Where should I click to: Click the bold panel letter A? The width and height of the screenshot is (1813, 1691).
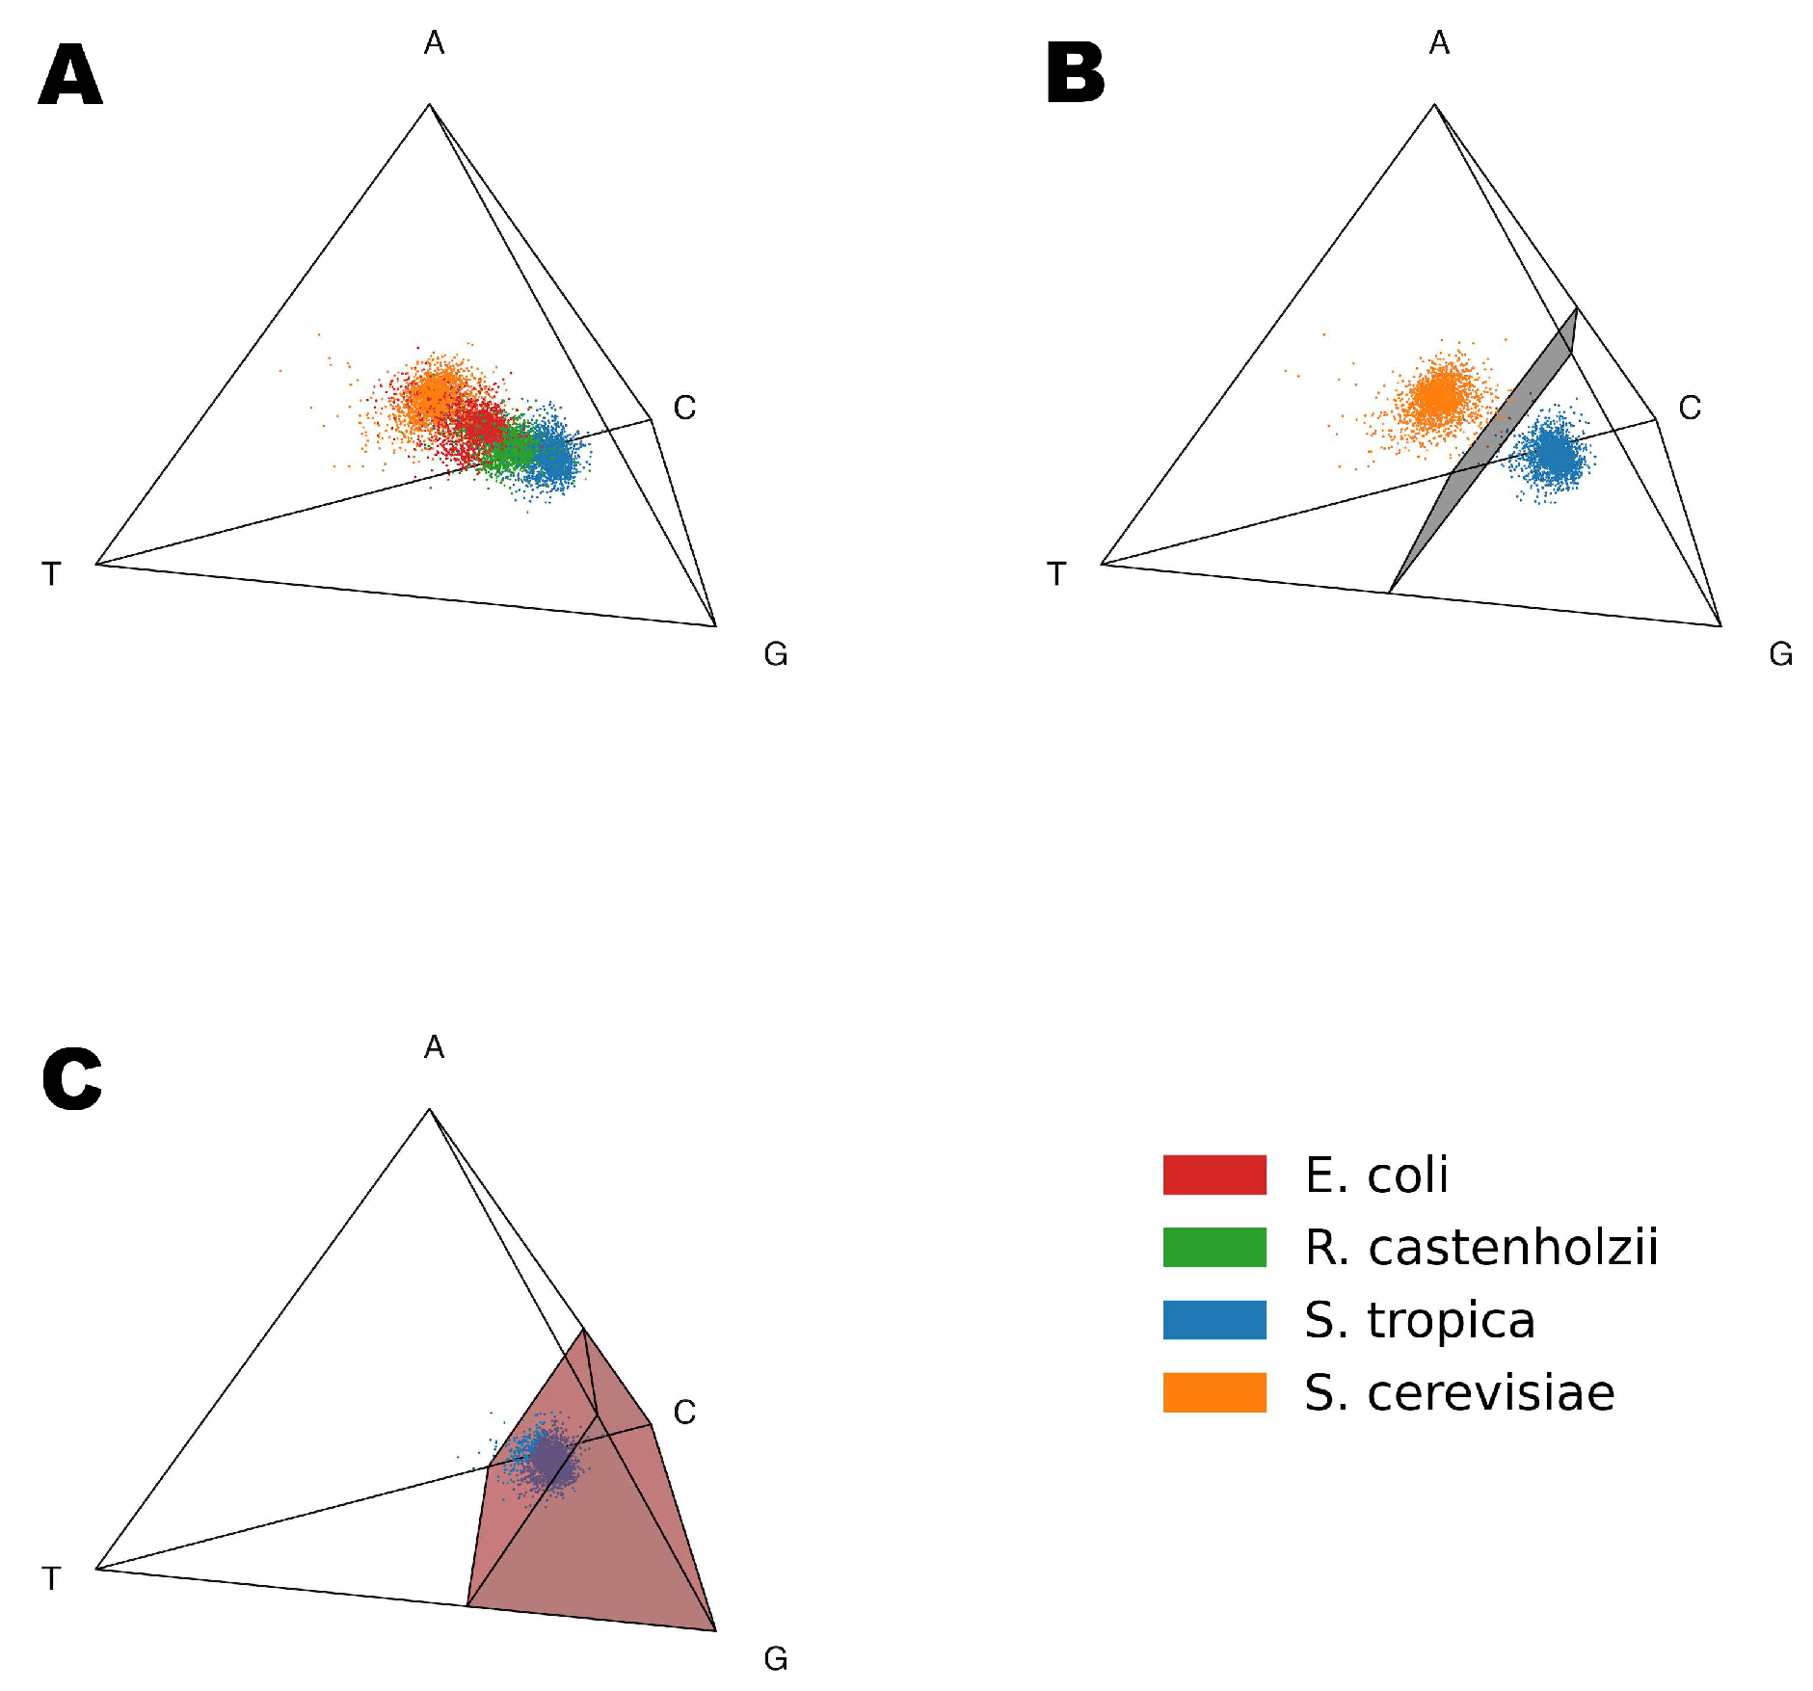70,75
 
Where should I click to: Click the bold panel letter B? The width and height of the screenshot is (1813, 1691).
1075,74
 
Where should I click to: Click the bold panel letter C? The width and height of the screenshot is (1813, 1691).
72,1079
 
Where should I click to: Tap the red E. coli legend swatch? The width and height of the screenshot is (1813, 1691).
1213,1175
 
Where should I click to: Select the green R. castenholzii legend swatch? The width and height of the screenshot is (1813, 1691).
1213,1247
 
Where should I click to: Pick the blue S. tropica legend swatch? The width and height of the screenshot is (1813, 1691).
1213,1320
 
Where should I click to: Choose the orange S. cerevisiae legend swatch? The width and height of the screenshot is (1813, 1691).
1213,1392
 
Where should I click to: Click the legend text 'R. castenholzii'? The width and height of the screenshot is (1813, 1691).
1481,1248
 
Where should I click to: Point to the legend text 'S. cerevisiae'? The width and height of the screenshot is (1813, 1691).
1459,1393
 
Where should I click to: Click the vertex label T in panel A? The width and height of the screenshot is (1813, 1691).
52,574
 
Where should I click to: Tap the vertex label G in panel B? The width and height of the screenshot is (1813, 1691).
1780,655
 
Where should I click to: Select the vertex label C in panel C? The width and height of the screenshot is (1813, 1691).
684,1413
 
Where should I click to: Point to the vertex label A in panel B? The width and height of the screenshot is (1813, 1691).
1439,43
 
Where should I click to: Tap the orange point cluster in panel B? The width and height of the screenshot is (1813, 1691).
1441,396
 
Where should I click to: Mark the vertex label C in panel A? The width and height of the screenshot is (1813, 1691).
684,409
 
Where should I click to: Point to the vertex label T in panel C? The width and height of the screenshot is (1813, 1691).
52,1579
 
